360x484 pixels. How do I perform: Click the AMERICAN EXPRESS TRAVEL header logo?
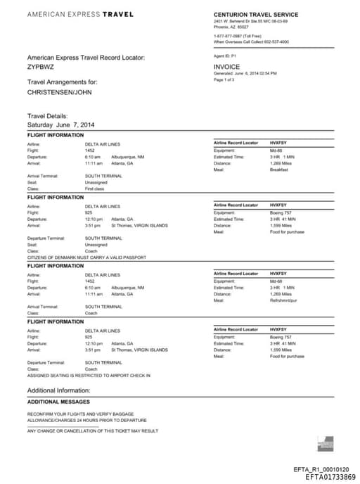click(x=79, y=14)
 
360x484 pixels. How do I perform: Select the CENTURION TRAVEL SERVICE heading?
click(x=255, y=14)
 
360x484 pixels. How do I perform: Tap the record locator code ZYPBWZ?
click(x=39, y=67)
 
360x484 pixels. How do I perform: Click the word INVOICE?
click(x=227, y=67)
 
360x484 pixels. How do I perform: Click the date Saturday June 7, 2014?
click(x=60, y=125)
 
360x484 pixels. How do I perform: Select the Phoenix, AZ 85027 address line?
click(x=232, y=27)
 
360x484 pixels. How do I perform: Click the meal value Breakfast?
click(x=279, y=170)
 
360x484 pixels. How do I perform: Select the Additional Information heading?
click(x=58, y=390)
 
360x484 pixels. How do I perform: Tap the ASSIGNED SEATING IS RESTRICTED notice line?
click(x=89, y=375)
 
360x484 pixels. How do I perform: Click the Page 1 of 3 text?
click(x=225, y=79)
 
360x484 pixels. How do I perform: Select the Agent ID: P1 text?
click(x=225, y=55)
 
